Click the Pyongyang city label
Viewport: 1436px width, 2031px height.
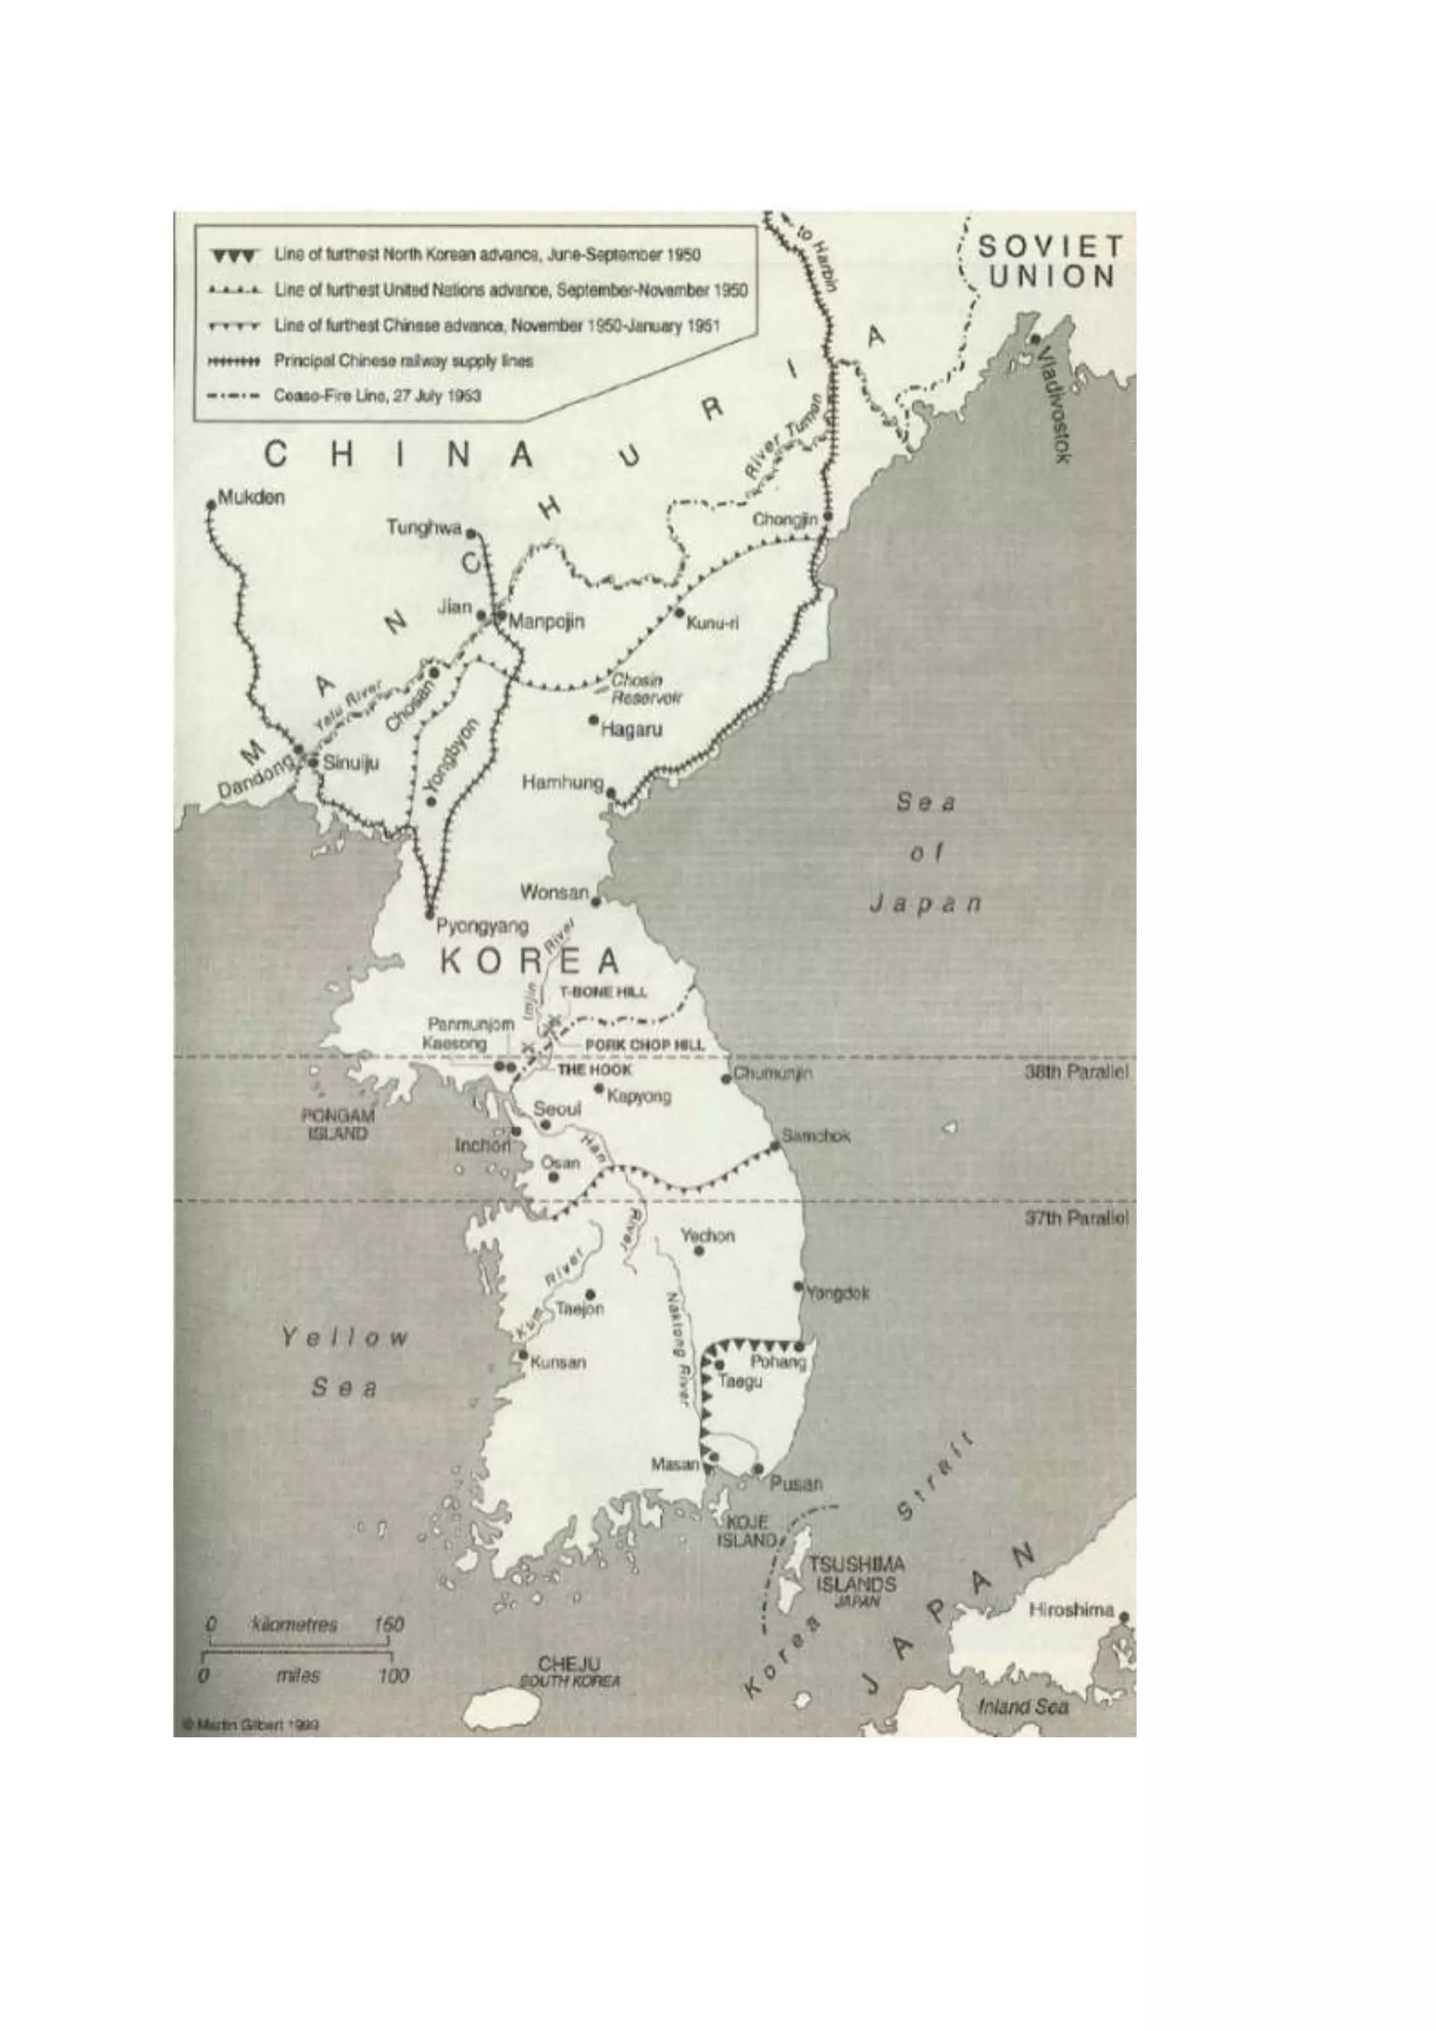[483, 926]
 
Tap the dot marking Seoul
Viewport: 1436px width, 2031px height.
[546, 1124]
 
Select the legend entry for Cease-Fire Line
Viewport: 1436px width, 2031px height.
[377, 396]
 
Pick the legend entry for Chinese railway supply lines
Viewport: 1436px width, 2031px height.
[403, 361]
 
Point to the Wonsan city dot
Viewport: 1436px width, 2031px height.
[596, 901]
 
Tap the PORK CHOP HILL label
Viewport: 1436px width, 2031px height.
[644, 1045]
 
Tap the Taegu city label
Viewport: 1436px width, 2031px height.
[741, 1382]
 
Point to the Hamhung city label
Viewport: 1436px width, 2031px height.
[562, 782]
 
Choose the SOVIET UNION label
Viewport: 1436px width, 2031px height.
[1050, 261]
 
